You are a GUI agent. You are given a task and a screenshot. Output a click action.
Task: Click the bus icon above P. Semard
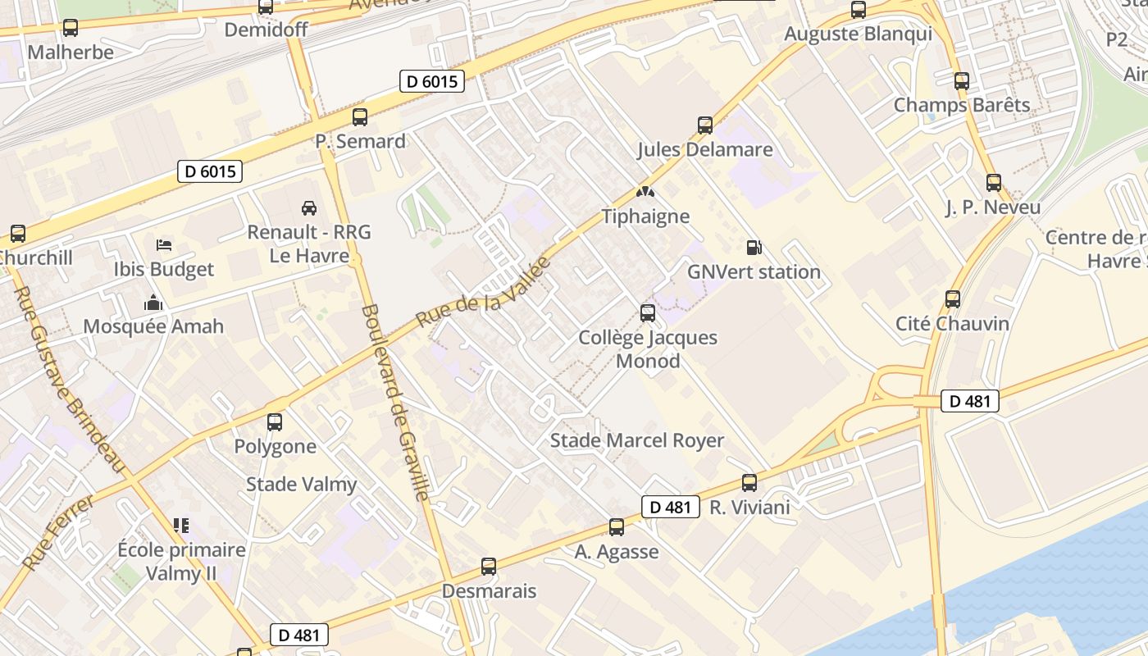360,116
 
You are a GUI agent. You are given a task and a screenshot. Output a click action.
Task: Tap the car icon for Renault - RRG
309,207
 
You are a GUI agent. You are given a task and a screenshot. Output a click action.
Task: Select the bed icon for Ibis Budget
164,244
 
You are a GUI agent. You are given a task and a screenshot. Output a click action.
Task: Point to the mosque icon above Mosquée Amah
153,303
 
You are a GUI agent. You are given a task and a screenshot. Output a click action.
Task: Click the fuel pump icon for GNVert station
753,247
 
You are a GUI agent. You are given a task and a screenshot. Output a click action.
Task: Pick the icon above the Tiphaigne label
645,193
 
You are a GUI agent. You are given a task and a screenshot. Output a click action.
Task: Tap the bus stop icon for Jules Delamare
705,125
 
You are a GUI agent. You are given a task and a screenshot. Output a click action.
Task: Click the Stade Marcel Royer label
637,440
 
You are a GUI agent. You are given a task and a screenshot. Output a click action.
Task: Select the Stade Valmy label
302,484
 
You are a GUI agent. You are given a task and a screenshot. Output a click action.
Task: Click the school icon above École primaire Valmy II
181,525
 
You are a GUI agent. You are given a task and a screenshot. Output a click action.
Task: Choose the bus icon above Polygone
275,422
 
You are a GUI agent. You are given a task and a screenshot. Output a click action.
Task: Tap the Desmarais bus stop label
489,590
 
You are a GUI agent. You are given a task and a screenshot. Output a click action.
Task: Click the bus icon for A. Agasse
617,527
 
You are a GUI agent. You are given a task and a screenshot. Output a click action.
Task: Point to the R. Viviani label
749,507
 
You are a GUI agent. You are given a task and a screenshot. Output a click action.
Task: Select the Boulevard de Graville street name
395,402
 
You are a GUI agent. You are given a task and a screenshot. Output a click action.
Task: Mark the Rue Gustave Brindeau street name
69,377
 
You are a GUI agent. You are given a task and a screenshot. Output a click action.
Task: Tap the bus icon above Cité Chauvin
953,299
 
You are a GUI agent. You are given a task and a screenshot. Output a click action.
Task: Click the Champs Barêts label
962,105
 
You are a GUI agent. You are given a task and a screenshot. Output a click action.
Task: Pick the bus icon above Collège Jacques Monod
648,312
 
